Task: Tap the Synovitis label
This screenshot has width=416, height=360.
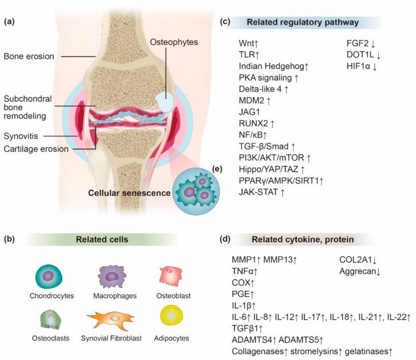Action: (x=19, y=137)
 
